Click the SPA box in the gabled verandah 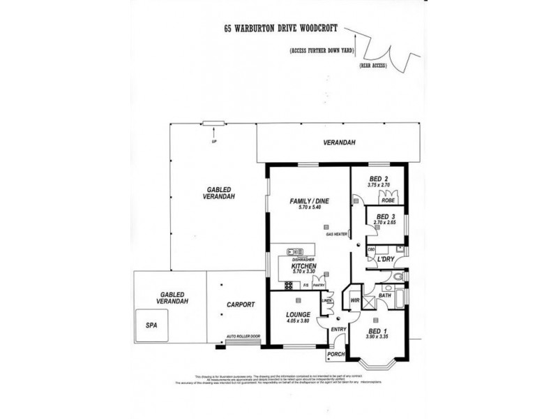pos(151,326)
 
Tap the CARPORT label pos(239,304)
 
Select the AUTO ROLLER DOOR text pos(243,337)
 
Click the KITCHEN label pos(305,266)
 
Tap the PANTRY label pos(320,285)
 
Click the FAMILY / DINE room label pos(309,201)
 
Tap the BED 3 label pos(386,216)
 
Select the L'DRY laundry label pos(386,260)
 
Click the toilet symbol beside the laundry pos(398,278)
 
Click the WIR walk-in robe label pos(354,300)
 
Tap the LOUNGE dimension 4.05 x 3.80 pos(297,323)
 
